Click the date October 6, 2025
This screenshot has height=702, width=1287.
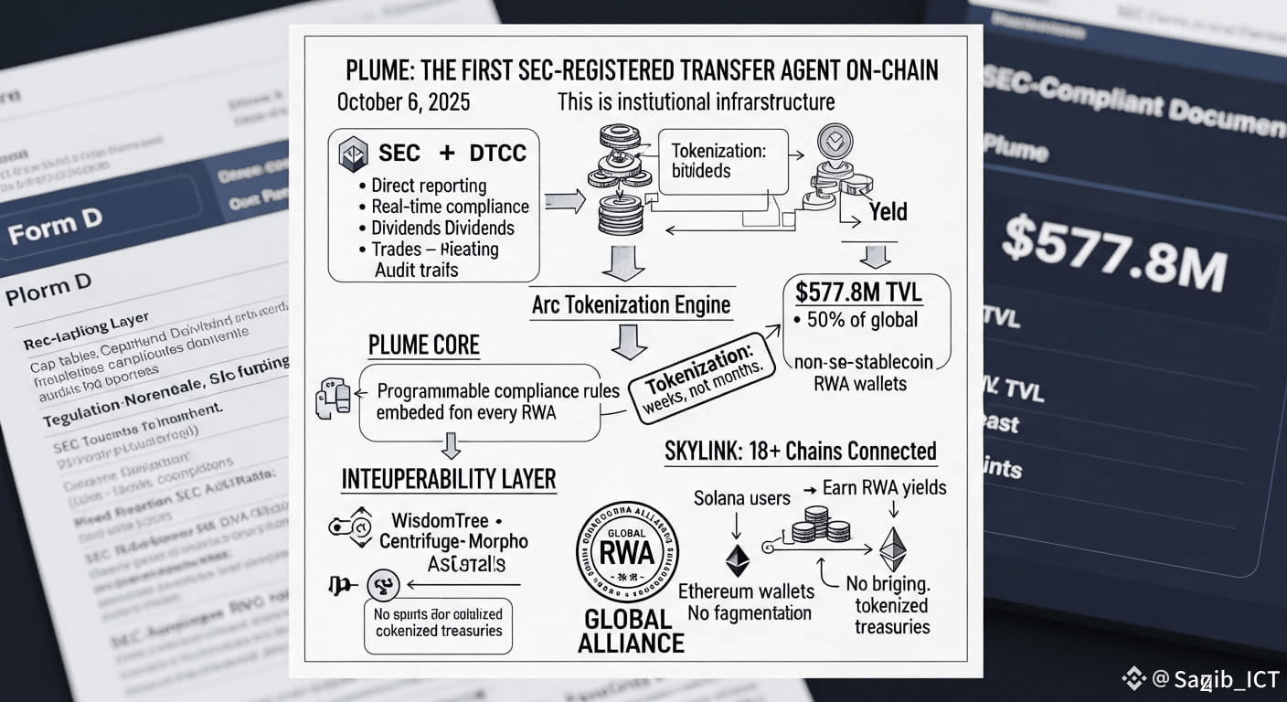pos(403,101)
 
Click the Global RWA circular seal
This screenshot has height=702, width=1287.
pos(627,550)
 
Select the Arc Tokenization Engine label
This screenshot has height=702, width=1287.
pos(631,304)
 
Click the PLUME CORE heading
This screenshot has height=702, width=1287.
pos(424,346)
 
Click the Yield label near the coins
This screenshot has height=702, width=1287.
pos(888,212)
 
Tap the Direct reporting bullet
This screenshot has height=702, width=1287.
pos(429,186)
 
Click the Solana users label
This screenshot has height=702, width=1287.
pos(741,498)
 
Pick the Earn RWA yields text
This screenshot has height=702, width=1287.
pos(884,487)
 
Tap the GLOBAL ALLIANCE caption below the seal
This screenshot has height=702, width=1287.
pos(631,631)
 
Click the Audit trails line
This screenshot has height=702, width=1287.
pos(417,270)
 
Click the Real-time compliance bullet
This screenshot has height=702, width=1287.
pos(450,207)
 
